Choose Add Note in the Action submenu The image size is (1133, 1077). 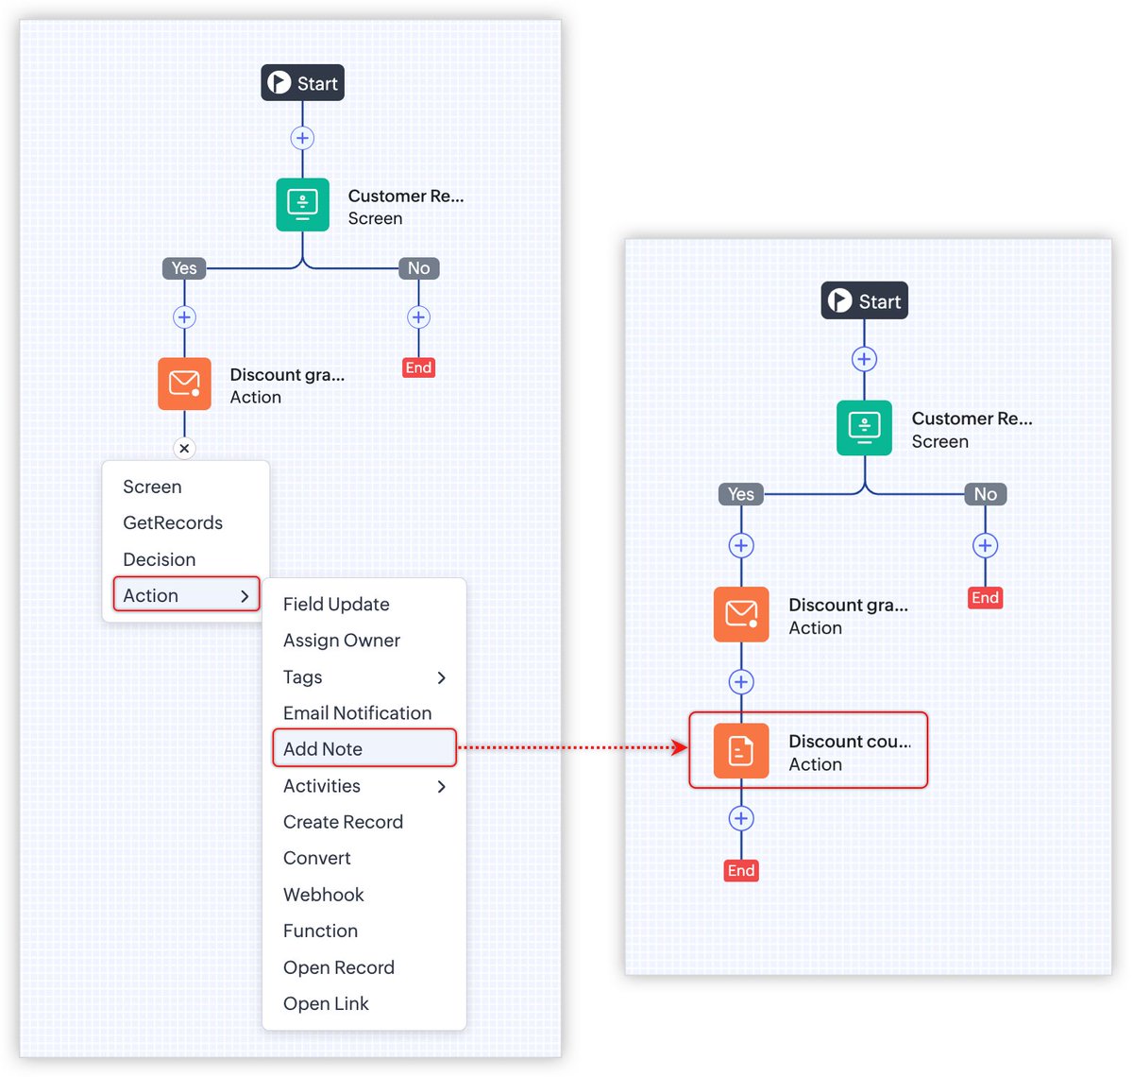pos(323,749)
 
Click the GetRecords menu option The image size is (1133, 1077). pos(173,523)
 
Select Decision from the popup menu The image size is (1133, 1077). pos(160,559)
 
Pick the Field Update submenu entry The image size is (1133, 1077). pos(336,605)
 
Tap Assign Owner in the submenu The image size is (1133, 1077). pos(342,641)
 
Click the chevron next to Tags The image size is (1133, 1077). pos(441,677)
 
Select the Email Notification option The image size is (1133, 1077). pos(357,713)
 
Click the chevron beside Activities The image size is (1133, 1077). pos(441,786)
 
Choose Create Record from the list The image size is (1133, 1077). pos(343,822)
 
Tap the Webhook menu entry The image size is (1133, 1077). pos(324,895)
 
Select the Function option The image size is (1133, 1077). pos(320,931)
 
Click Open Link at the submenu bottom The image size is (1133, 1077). pos(326,1003)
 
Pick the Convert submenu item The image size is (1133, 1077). pos(317,858)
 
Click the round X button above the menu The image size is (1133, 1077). pos(184,449)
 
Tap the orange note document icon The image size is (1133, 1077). pos(741,751)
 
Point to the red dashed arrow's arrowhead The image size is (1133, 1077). pos(680,748)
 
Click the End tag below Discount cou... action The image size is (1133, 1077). pos(741,870)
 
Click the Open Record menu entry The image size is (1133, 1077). pos(339,967)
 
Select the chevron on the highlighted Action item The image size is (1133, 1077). pos(245,596)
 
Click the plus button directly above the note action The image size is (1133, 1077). pos(741,682)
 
